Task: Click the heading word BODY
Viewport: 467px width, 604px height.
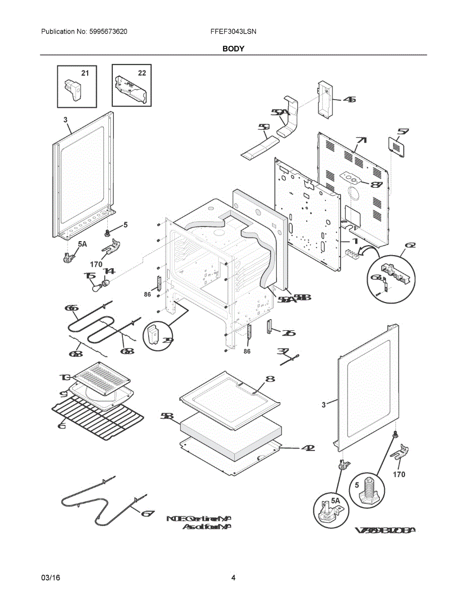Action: [233, 49]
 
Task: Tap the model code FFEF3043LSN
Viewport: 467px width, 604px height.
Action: [233, 32]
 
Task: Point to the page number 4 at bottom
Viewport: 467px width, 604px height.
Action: [233, 578]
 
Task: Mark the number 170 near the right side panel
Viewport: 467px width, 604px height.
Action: [398, 474]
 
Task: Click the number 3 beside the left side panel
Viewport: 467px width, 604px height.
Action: [65, 119]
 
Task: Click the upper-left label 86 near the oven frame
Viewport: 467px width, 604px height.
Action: [147, 294]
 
